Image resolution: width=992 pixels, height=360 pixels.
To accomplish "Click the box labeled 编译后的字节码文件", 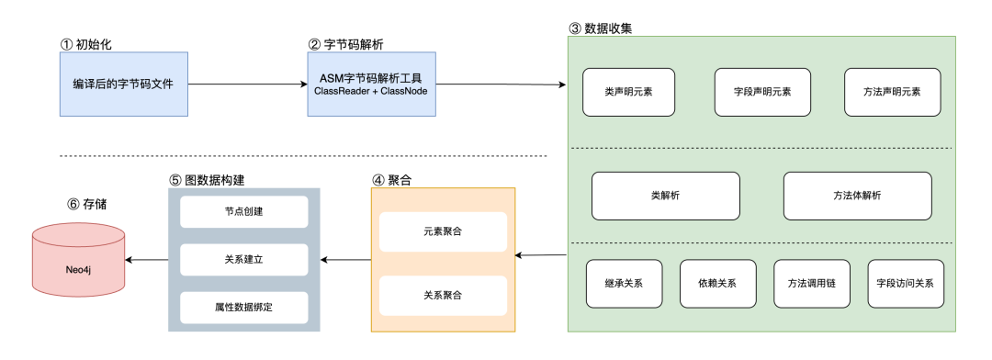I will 124,84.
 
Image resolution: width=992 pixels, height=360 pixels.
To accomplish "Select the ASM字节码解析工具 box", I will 369,84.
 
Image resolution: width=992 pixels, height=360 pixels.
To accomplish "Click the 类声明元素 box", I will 628,92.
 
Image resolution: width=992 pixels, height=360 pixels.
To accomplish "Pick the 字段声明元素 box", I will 761,92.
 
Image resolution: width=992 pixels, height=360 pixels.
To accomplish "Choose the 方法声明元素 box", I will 892,92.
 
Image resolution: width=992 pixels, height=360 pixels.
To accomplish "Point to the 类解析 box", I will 665,196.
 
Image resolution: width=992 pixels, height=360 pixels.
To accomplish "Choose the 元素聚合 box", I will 443,232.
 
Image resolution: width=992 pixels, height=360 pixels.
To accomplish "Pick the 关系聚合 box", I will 443,295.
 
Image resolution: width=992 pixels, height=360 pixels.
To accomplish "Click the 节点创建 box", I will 243,213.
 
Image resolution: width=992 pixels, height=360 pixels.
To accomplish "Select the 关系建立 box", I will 243,260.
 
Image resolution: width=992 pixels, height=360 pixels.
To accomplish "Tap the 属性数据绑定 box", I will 243,308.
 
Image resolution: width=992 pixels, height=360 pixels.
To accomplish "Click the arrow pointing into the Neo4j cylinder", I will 147,260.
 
